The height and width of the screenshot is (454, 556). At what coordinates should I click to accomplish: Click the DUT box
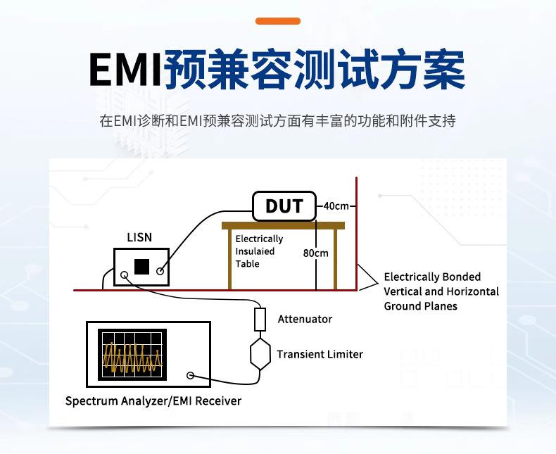click(x=284, y=206)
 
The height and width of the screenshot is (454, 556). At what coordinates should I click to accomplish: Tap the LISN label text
click(x=139, y=238)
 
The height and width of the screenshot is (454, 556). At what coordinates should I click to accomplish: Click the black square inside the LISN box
click(x=142, y=267)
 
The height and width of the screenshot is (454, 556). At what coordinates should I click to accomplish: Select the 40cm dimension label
click(x=336, y=206)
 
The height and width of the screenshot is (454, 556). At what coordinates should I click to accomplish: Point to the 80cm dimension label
click(x=316, y=253)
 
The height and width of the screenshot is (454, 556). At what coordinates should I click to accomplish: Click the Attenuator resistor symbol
click(x=260, y=320)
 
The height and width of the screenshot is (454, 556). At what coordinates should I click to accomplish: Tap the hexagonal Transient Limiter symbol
click(x=260, y=353)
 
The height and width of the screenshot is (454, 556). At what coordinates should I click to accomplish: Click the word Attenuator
click(x=305, y=319)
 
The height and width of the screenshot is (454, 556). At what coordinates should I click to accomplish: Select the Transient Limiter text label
click(x=320, y=354)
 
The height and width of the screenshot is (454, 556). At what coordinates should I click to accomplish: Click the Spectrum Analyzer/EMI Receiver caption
click(x=153, y=401)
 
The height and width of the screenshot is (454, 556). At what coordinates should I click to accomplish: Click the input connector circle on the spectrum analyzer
click(x=190, y=376)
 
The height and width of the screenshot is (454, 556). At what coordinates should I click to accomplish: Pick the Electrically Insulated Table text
click(x=259, y=251)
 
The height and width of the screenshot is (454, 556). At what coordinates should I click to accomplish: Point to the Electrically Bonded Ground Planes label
click(x=441, y=291)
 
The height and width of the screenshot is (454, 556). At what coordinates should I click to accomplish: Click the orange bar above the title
click(x=278, y=21)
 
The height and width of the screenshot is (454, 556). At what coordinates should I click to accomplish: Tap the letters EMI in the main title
click(x=125, y=70)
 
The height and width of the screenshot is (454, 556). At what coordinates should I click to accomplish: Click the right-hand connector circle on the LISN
click(x=161, y=270)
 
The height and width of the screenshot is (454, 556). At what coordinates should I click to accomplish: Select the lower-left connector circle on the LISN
click(x=125, y=276)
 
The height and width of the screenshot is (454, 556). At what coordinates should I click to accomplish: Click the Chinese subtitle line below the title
click(x=278, y=120)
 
